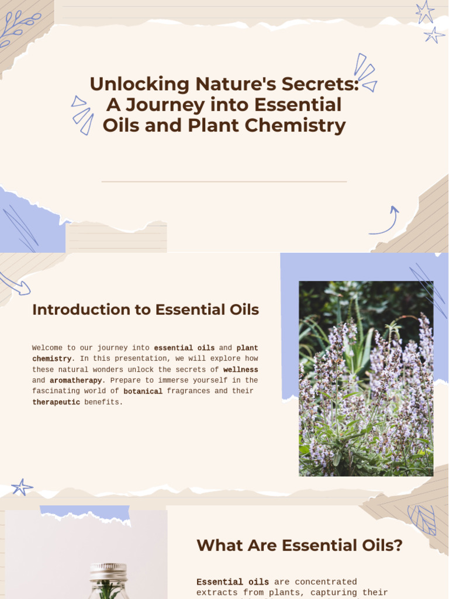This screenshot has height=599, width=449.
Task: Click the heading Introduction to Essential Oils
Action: click(146, 310)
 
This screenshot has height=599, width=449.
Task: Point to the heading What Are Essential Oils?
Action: click(299, 546)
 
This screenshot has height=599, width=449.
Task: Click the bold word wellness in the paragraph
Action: click(240, 370)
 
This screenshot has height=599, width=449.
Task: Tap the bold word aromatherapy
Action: click(76, 380)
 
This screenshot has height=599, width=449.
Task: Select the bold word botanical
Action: click(143, 391)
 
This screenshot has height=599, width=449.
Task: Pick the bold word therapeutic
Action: click(56, 402)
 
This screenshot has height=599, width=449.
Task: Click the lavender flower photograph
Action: click(366, 378)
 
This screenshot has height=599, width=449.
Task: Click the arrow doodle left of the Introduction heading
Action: click(15, 283)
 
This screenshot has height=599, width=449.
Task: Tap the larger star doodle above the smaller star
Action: click(424, 11)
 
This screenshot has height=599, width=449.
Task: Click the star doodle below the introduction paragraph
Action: click(22, 487)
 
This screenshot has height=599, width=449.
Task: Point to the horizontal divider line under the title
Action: click(224, 182)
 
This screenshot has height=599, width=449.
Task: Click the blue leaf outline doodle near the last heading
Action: click(422, 519)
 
